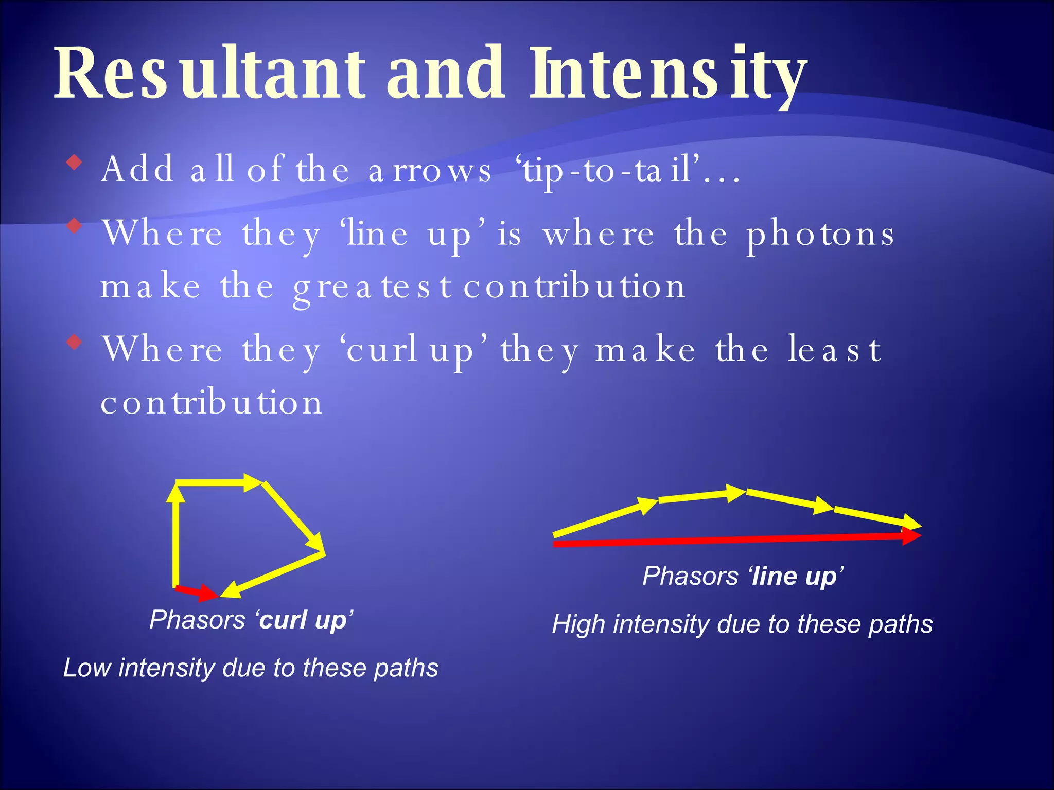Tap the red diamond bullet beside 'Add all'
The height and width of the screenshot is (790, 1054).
(75, 163)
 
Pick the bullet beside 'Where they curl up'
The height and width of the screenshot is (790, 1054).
(75, 342)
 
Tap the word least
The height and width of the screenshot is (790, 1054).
(835, 350)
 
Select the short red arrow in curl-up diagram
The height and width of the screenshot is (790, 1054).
(197, 592)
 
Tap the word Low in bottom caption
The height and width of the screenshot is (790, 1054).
(87, 668)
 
